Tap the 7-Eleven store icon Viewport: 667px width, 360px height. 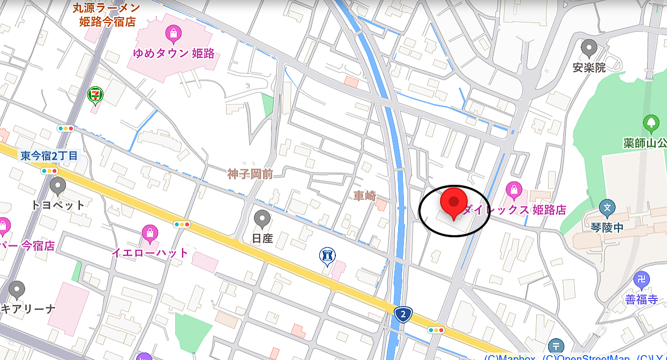coord(95,95)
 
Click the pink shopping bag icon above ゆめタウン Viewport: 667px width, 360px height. coord(173,35)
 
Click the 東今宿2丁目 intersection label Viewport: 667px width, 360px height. coord(49,156)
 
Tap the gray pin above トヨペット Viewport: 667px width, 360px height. coord(57,186)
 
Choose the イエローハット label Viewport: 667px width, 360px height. coord(150,252)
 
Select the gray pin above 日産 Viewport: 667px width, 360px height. coord(262,219)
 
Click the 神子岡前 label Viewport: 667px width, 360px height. coord(250,174)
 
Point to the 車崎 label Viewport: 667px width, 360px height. coord(365,196)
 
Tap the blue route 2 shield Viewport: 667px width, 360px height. coord(403,314)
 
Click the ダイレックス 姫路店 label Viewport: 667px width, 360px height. coord(513,209)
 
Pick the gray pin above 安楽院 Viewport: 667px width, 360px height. coord(589,48)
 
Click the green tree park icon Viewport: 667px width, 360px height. coord(651,123)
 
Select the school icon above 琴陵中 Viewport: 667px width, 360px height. coord(608,207)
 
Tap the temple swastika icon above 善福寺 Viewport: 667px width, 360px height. coord(641,279)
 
